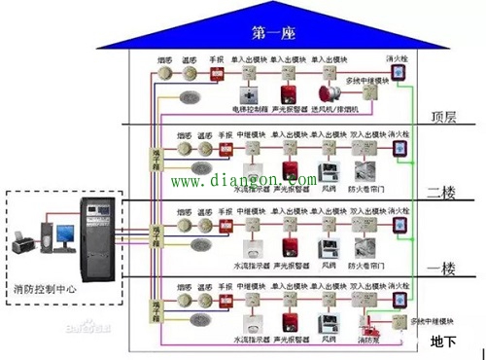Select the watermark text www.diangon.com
click(x=244, y=180)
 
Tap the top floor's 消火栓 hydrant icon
click(x=399, y=73)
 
